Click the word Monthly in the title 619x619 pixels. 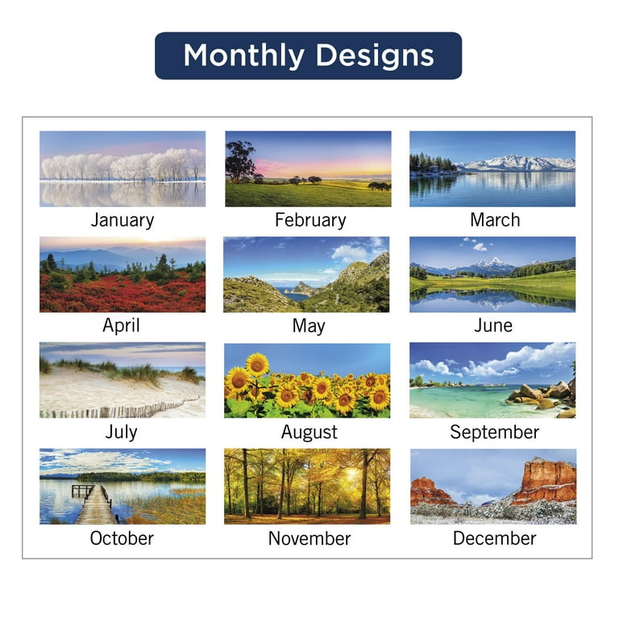pyautogui.click(x=243, y=56)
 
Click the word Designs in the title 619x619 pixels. pyautogui.click(x=375, y=56)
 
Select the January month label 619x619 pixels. pyautogui.click(x=123, y=221)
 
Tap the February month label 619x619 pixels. pyautogui.click(x=310, y=221)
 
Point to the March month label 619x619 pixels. pyautogui.click(x=495, y=220)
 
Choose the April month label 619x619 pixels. pyautogui.click(x=121, y=326)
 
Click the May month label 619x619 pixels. pyautogui.click(x=309, y=327)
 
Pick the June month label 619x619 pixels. pyautogui.click(x=493, y=326)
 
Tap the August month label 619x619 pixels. pyautogui.click(x=309, y=433)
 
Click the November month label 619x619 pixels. pyautogui.click(x=309, y=538)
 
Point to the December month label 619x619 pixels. pyautogui.click(x=494, y=538)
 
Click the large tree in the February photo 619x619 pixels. pyautogui.click(x=240, y=162)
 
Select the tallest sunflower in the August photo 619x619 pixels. pyautogui.click(x=257, y=365)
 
